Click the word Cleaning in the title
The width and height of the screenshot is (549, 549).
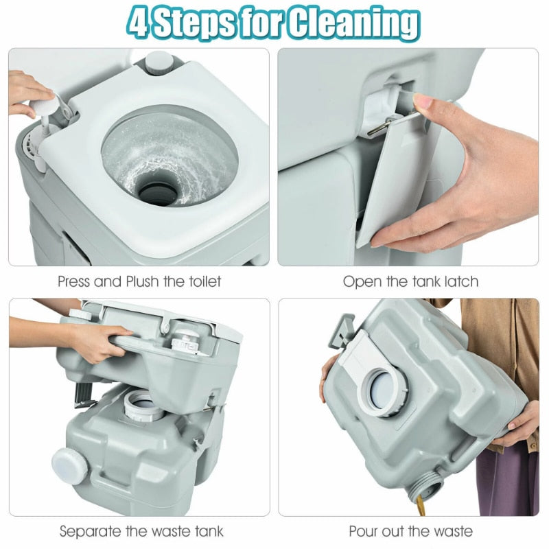[354, 23]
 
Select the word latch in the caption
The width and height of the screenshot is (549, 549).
[461, 281]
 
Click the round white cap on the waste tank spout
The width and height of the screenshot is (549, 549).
[69, 467]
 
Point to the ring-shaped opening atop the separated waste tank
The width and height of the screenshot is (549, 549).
[144, 406]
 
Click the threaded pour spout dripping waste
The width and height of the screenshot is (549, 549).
[427, 485]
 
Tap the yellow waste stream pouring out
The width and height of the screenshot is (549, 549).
[421, 506]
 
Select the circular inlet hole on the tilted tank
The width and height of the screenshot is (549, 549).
[384, 391]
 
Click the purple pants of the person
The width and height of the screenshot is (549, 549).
[507, 480]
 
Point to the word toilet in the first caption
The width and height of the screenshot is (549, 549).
[205, 281]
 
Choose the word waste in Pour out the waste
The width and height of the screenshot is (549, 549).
[452, 531]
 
